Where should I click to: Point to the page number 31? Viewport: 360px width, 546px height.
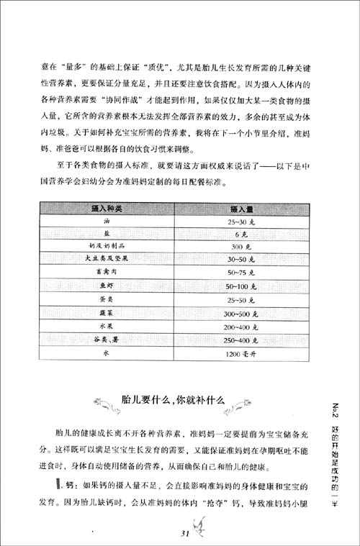(x=181, y=532)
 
